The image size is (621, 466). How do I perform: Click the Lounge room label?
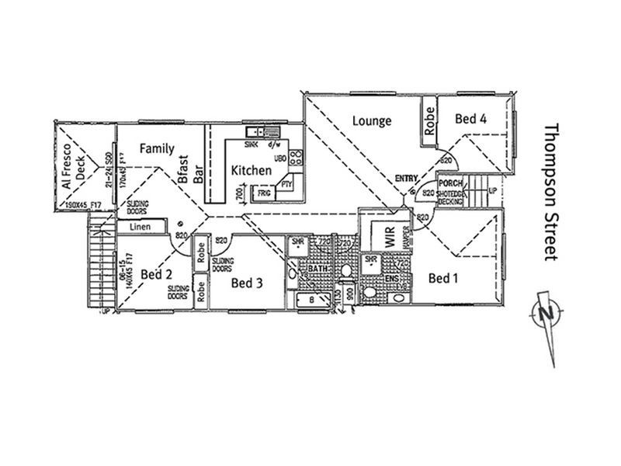[x=371, y=120]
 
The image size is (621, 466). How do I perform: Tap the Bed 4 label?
[x=470, y=119]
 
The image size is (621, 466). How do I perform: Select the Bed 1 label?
[x=442, y=278]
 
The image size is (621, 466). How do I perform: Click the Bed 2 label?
[x=156, y=274]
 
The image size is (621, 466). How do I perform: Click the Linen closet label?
[x=139, y=227]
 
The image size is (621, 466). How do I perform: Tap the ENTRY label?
[x=406, y=179]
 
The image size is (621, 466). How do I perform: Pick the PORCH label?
[x=450, y=183]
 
